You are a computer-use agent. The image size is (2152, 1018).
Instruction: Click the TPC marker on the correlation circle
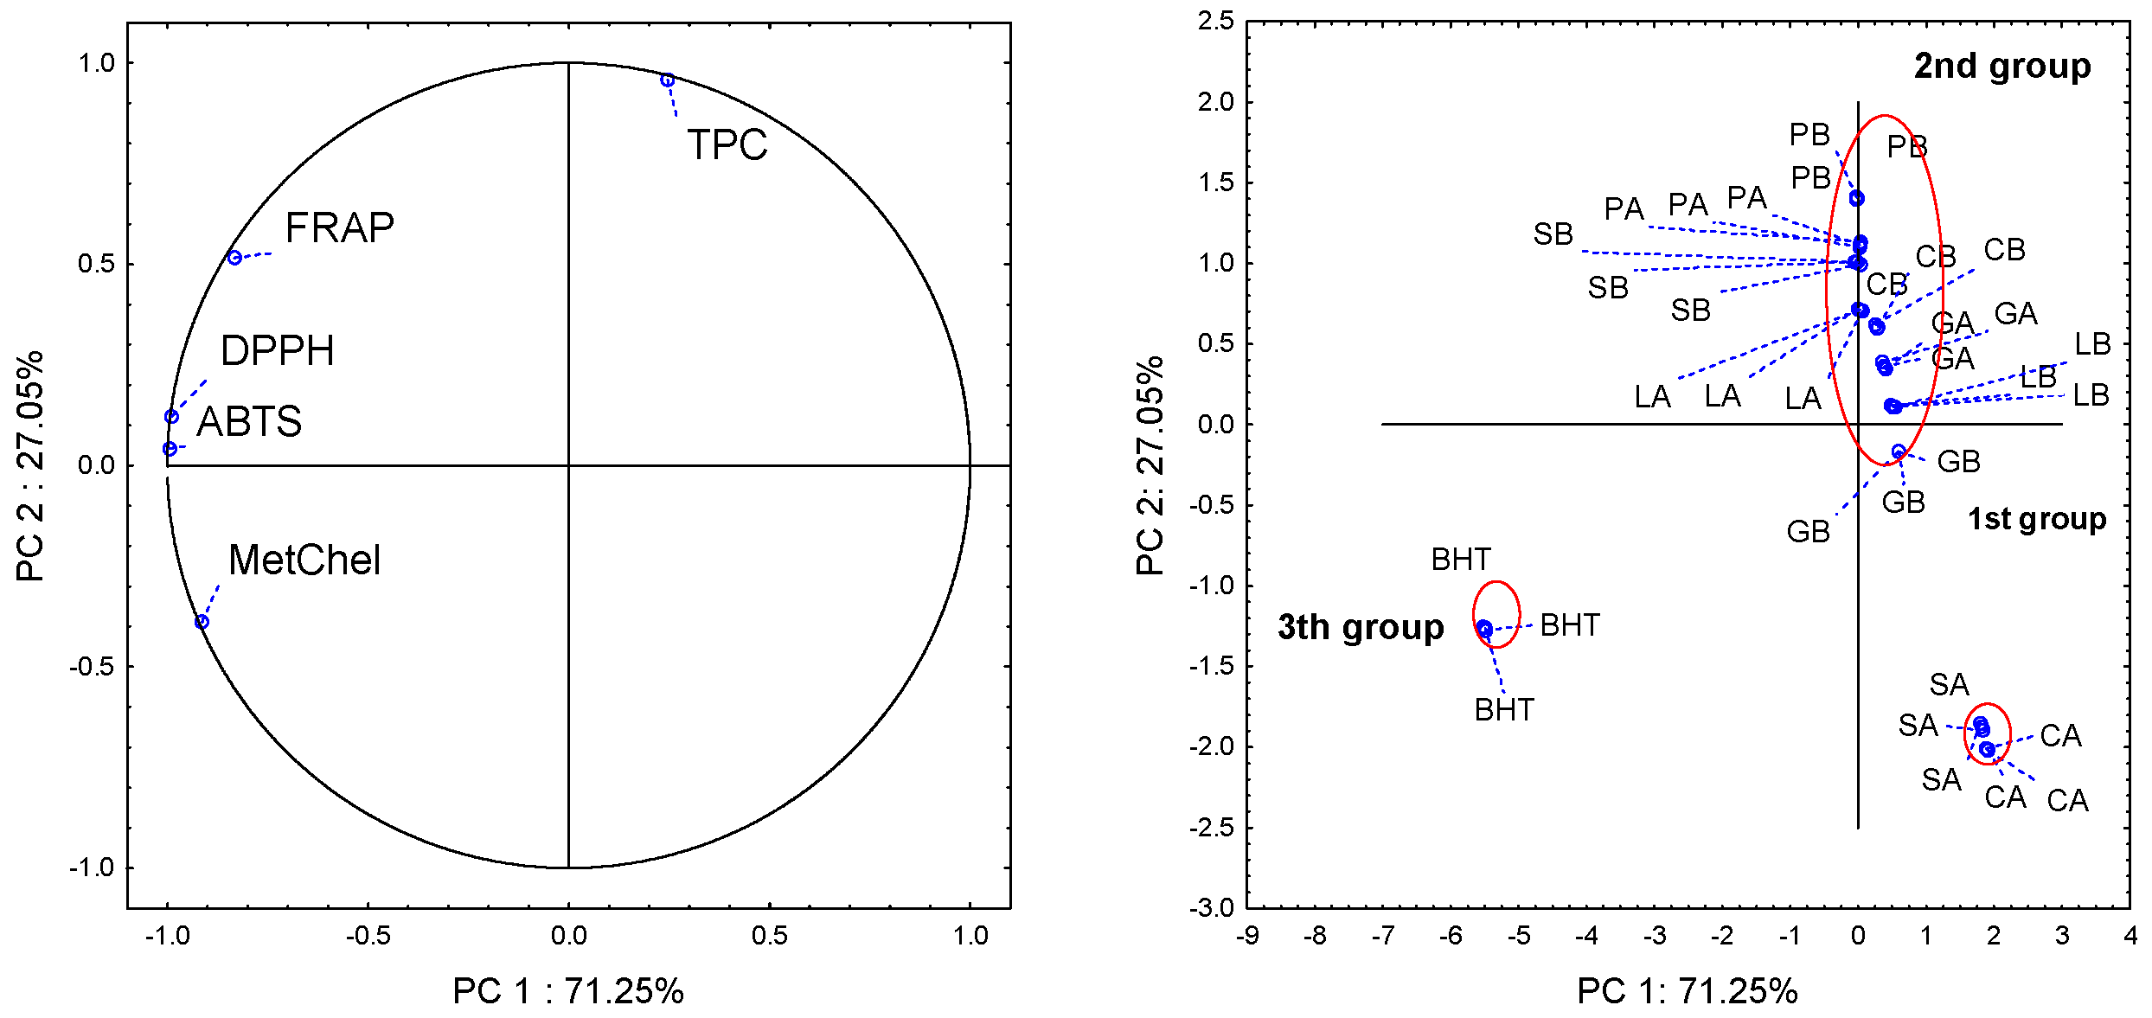667,80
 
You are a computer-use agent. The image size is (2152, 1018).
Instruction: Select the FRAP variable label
339,228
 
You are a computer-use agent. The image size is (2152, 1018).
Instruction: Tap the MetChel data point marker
202,622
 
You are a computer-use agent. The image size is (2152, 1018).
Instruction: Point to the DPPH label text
277,351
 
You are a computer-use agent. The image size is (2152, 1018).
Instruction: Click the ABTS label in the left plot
249,422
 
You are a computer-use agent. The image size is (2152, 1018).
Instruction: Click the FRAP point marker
234,258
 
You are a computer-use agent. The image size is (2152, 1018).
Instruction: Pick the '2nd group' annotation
2001,67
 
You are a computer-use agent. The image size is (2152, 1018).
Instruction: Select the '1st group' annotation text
2036,519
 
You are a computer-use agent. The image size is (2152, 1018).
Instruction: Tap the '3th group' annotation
1360,627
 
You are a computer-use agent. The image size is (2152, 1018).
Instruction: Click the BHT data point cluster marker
1484,629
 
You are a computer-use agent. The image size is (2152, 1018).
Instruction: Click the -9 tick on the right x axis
1247,936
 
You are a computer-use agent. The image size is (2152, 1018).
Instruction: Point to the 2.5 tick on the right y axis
1215,21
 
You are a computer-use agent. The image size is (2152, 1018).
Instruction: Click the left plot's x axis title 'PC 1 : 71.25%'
567,991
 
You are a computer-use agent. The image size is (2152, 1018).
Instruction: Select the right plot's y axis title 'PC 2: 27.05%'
1150,465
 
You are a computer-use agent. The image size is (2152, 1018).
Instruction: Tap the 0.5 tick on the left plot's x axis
769,936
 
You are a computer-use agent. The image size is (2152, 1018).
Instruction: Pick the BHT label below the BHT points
1504,710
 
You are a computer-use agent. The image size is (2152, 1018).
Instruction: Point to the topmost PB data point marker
1856,199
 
